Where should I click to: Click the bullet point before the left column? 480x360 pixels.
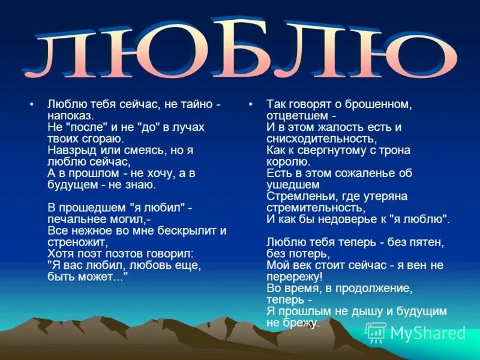click(31, 104)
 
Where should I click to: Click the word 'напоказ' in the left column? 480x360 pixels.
click(70, 116)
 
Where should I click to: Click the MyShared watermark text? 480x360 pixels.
click(428, 333)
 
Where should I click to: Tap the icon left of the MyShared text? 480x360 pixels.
click(376, 332)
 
